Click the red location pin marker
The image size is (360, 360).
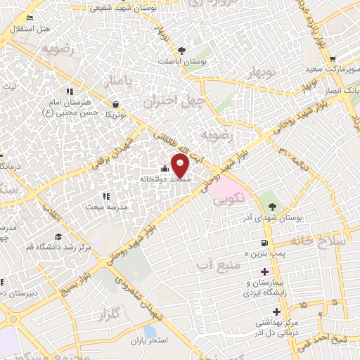coord(181,166)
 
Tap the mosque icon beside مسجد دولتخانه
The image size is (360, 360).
coord(165,169)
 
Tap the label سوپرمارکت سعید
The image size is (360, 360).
coord(333,70)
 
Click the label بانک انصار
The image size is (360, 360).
coord(345,91)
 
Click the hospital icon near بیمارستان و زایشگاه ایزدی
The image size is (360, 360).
coord(264,271)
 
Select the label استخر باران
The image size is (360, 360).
coord(146,341)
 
